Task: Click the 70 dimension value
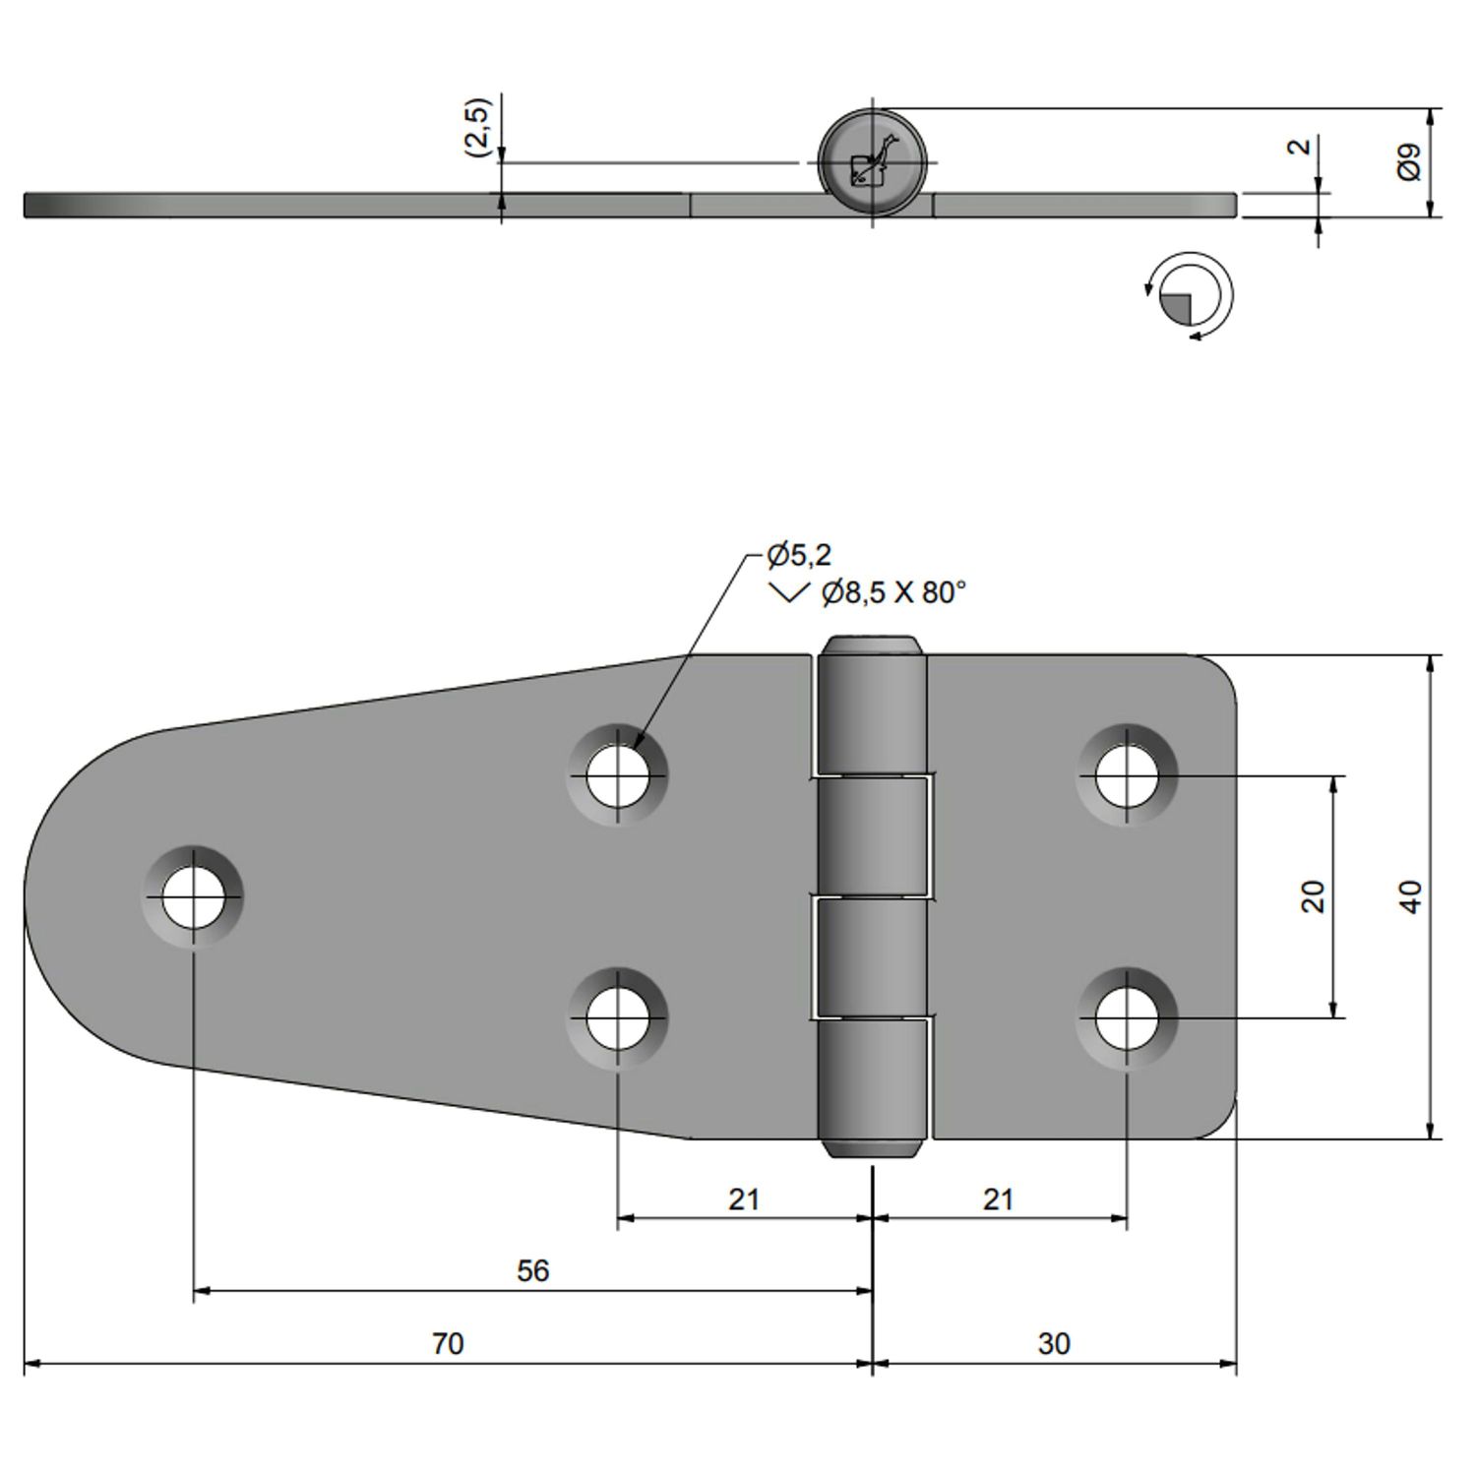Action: coord(448,1343)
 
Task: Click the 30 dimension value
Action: coord(1053,1343)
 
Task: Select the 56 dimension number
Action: coord(532,1270)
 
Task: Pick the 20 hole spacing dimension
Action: coord(1313,896)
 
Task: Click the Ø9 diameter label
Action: coord(1409,161)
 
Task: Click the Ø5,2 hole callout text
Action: coord(799,555)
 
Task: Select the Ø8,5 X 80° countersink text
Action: coord(893,592)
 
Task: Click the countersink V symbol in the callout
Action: coord(788,592)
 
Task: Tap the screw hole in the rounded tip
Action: coord(193,897)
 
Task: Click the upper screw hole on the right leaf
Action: coord(1127,775)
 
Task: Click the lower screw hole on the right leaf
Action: coord(1127,1018)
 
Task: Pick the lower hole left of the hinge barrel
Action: coord(617,1018)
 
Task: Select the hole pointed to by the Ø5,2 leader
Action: coord(617,775)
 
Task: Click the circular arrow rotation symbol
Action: coord(1191,296)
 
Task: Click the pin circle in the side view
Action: coord(872,162)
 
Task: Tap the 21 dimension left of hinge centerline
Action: coord(744,1199)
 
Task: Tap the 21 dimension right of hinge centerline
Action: coord(998,1199)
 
